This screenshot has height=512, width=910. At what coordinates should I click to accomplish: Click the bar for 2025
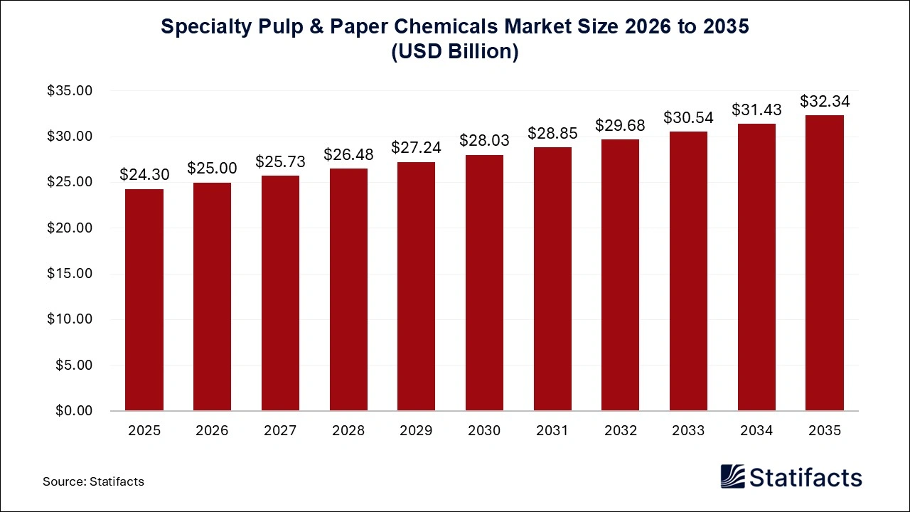pos(144,299)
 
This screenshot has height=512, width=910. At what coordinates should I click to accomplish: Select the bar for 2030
pos(484,282)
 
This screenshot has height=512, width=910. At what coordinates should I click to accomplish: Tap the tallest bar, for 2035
pos(824,263)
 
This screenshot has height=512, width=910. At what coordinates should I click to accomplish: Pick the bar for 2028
pos(348,289)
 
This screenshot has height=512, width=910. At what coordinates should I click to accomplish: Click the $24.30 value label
pos(144,174)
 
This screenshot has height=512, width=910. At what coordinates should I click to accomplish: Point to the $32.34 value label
pos(824,101)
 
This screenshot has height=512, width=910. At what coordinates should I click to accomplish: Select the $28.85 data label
pos(552,133)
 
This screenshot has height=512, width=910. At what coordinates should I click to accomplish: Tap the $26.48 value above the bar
pos(348,154)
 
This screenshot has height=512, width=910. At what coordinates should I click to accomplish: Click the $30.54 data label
pos(688,117)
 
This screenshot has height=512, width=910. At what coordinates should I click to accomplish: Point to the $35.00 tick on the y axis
pos(69,91)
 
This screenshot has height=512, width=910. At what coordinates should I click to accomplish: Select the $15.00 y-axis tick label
pos(69,274)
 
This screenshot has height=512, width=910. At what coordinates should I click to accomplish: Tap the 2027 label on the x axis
pos(280,431)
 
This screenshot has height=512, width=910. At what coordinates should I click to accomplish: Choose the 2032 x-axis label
pos(620,431)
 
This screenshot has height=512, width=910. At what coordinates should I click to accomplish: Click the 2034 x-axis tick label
pos(756,431)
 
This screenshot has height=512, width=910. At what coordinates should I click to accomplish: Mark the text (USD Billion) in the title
pos(455,52)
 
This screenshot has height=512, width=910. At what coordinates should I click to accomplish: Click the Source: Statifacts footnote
pos(93,481)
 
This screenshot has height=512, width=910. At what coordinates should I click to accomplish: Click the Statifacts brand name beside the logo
pos(806,477)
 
